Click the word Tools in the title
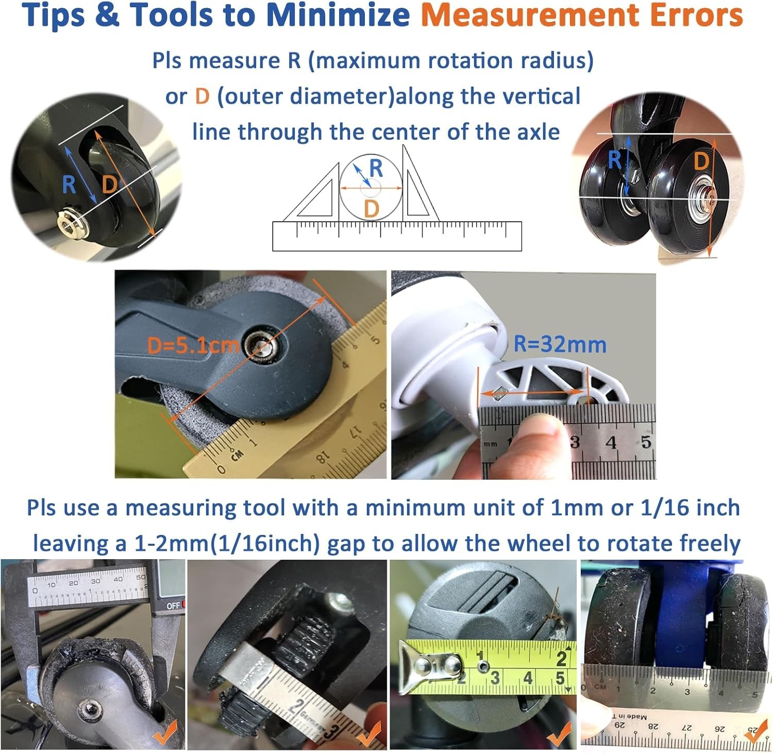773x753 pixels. point(167,15)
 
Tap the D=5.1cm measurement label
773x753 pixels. point(193,344)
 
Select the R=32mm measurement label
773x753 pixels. point(560,344)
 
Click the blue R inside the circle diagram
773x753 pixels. point(376,168)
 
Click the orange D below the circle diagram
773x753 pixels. point(372,209)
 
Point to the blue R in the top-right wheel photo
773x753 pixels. point(615,160)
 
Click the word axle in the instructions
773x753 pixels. point(536,132)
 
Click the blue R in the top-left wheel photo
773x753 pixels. point(69,185)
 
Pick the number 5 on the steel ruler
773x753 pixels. point(646,442)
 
